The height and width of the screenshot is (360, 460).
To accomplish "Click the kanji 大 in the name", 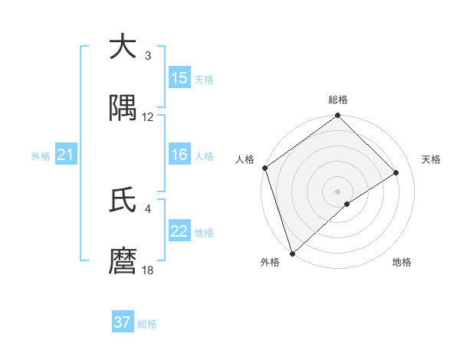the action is pyautogui.click(x=123, y=47).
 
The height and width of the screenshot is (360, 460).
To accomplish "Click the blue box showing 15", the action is pyautogui.click(x=179, y=78).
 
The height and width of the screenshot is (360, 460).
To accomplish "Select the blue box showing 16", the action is pyautogui.click(x=179, y=155).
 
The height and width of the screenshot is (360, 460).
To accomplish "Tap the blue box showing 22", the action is pyautogui.click(x=179, y=232).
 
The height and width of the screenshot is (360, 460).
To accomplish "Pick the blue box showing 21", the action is pyautogui.click(x=65, y=155).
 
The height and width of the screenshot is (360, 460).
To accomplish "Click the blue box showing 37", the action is pyautogui.click(x=122, y=322).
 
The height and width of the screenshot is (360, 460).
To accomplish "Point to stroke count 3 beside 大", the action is pyautogui.click(x=148, y=56).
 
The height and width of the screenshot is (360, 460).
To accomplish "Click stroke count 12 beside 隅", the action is pyautogui.click(x=148, y=117).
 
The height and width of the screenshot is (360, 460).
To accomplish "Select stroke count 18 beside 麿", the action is pyautogui.click(x=148, y=270).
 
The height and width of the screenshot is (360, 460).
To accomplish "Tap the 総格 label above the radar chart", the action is pyautogui.click(x=338, y=100).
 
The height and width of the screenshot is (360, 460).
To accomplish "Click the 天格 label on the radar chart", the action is pyautogui.click(x=432, y=159).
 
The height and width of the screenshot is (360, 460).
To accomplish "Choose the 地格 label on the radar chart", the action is pyautogui.click(x=402, y=262).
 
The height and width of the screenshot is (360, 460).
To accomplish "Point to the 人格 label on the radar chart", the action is pyautogui.click(x=245, y=159).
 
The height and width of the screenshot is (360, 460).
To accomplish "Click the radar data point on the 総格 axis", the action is pyautogui.click(x=338, y=116).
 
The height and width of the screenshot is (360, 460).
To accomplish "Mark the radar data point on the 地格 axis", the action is pyautogui.click(x=347, y=204).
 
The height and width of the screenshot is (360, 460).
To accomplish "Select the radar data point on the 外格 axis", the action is pyautogui.click(x=292, y=253).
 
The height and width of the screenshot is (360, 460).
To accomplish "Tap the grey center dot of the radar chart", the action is pyautogui.click(x=338, y=191).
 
